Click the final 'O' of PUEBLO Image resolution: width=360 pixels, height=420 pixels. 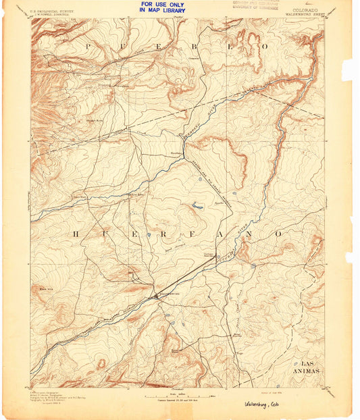click(x=265, y=46)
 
